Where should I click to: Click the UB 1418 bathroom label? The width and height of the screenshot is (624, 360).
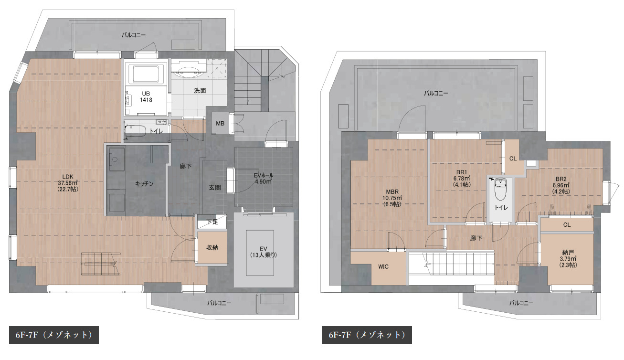(x=146, y=97)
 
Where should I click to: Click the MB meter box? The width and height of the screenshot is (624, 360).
(x=220, y=123)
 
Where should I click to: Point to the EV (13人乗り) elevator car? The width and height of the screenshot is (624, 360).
(x=260, y=253)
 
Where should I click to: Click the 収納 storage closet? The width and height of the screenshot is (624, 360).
(x=212, y=247)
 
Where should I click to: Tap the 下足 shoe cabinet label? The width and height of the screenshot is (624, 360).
(x=212, y=222)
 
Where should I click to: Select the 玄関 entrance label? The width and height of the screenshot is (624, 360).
(x=215, y=188)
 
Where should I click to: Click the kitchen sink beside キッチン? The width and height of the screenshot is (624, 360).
(x=116, y=159)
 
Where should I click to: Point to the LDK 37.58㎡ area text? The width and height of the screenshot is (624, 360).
(x=68, y=183)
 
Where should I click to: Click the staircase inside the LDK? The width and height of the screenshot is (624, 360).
(x=101, y=264)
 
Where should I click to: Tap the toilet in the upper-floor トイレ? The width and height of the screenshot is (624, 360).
(x=501, y=189)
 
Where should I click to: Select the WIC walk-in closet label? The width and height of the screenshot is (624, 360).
(x=383, y=266)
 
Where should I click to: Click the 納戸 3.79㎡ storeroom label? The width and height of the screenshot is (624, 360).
(x=568, y=259)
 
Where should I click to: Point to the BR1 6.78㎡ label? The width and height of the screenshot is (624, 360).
(x=462, y=178)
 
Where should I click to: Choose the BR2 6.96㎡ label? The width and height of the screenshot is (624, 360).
(x=561, y=185)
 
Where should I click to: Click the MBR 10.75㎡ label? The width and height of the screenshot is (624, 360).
(x=392, y=198)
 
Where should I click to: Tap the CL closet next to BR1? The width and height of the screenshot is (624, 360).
(x=513, y=158)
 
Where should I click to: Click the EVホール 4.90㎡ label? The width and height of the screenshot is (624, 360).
(x=263, y=179)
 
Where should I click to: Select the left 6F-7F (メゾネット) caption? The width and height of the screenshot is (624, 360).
(x=54, y=335)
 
